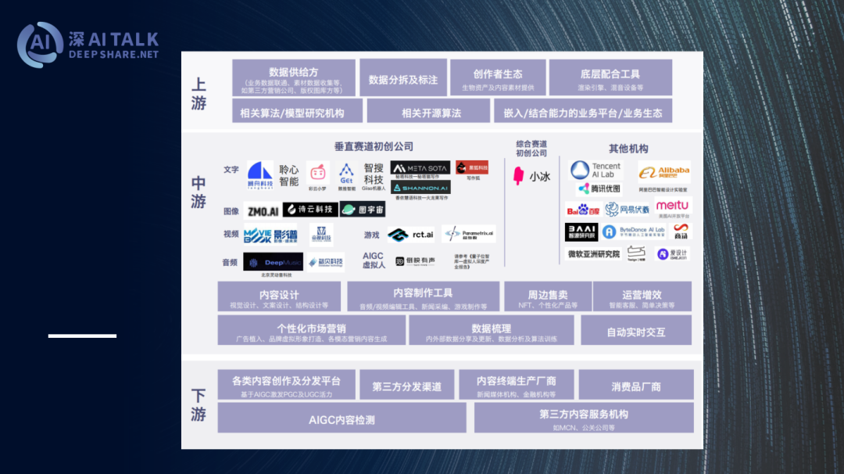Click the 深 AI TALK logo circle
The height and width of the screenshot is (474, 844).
point(40,45)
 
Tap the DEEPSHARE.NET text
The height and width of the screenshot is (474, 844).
point(113,55)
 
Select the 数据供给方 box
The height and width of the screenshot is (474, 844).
point(293,77)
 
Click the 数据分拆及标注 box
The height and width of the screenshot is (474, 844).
point(402,79)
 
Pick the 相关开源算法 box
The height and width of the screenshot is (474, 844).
point(431,113)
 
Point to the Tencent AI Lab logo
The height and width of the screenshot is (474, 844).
point(595,171)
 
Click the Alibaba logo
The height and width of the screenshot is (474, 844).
point(664,171)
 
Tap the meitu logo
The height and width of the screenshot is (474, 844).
point(672,206)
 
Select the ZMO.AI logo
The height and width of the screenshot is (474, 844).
point(263,210)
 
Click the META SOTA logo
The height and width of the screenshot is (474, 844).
point(420,167)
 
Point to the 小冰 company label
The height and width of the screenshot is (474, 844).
point(531,176)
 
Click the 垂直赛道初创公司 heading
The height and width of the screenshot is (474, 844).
point(374,146)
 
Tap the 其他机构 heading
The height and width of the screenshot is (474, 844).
point(628,149)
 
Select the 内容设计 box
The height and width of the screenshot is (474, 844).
point(279,297)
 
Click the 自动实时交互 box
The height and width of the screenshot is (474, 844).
point(635,332)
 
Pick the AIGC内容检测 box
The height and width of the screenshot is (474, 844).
point(342,419)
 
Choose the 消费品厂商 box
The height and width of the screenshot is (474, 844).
point(635,386)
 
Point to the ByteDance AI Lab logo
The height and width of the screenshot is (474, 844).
point(634,232)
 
